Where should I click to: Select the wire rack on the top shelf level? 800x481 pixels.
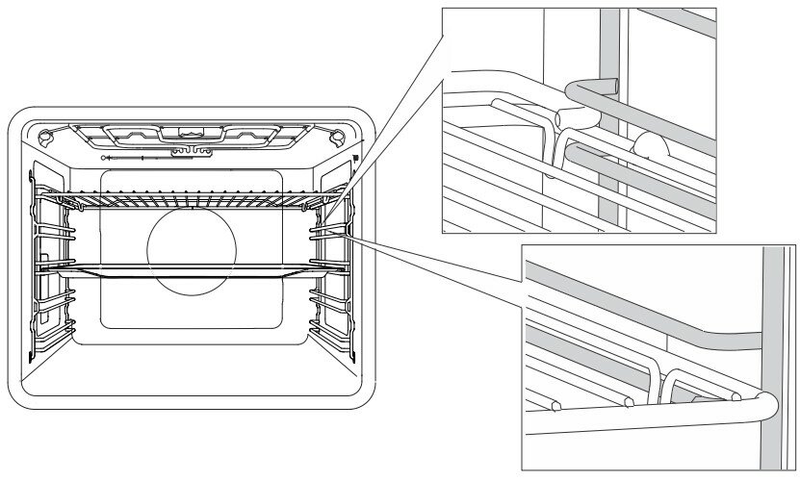coord(193,200)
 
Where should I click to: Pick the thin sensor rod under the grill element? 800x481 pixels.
coord(135,156)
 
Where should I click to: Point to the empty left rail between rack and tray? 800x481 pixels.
coord(56,234)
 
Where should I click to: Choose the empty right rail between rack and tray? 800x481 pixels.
coord(327,234)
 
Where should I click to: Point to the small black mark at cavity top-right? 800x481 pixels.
coord(356,157)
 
